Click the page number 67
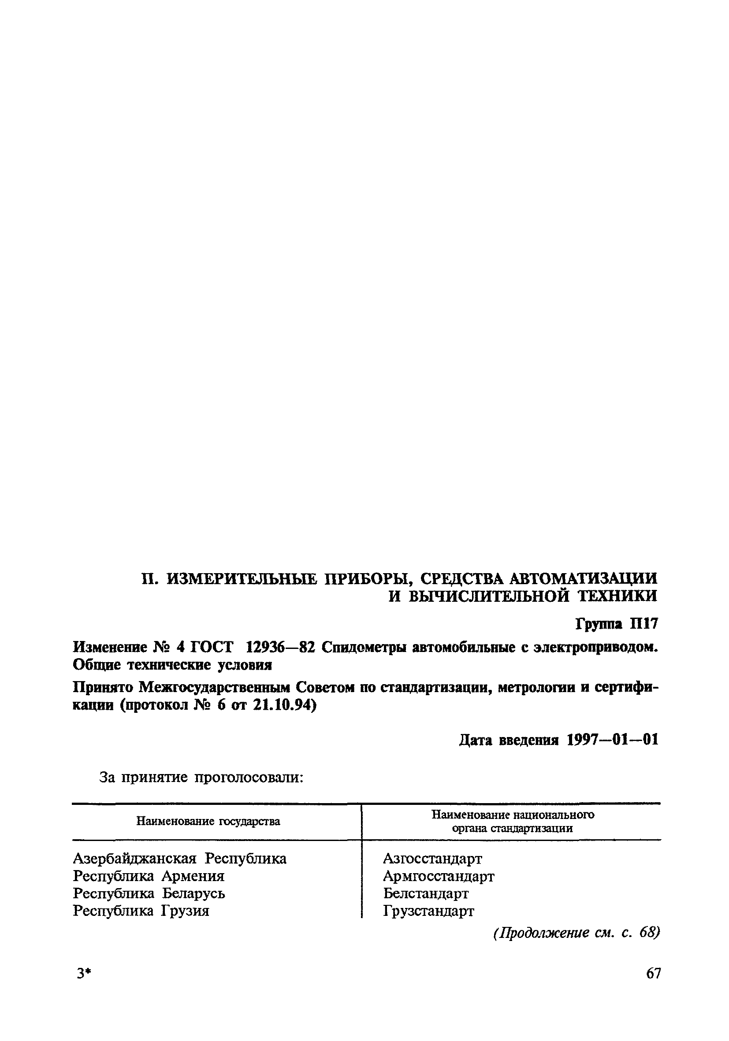click(x=653, y=973)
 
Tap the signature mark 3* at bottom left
click(x=84, y=974)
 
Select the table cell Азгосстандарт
click(x=432, y=858)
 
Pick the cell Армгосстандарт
click(x=438, y=876)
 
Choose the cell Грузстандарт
click(x=428, y=911)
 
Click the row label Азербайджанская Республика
click(x=180, y=858)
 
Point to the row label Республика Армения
click(x=149, y=876)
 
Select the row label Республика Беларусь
click(x=149, y=893)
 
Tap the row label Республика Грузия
click(x=141, y=911)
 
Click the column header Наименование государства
click(x=208, y=821)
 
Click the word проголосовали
click(x=249, y=778)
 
